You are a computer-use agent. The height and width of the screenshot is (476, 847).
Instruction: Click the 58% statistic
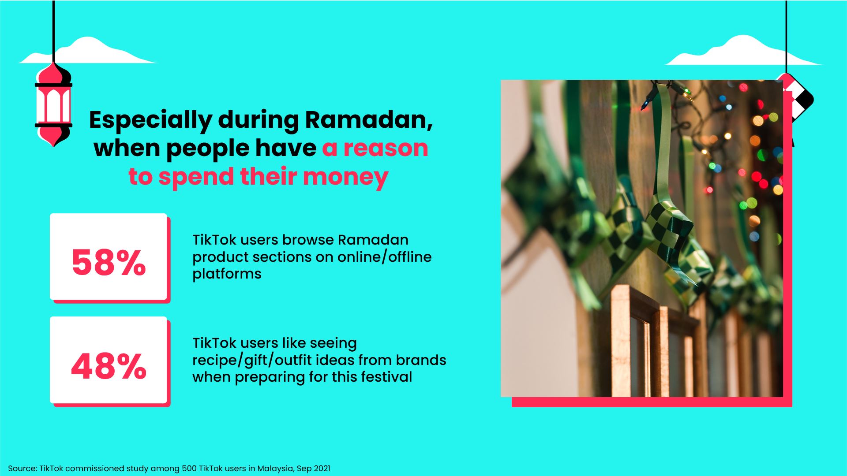coord(109,263)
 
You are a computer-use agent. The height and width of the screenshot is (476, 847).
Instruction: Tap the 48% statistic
coord(109,366)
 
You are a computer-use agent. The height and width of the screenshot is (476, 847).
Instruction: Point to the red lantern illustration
coord(53,105)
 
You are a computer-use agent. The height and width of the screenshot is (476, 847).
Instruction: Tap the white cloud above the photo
coord(741,52)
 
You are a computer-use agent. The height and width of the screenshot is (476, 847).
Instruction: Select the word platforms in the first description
coord(227,274)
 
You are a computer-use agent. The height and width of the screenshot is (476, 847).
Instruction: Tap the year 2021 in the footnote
coord(322,469)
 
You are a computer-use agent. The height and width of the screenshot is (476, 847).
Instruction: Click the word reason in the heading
coord(386,148)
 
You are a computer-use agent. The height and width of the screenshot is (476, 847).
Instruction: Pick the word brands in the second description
coord(421,360)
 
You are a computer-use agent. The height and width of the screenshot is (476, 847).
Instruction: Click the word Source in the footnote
coord(22,469)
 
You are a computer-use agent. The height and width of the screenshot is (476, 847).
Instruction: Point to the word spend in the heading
coord(196,177)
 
